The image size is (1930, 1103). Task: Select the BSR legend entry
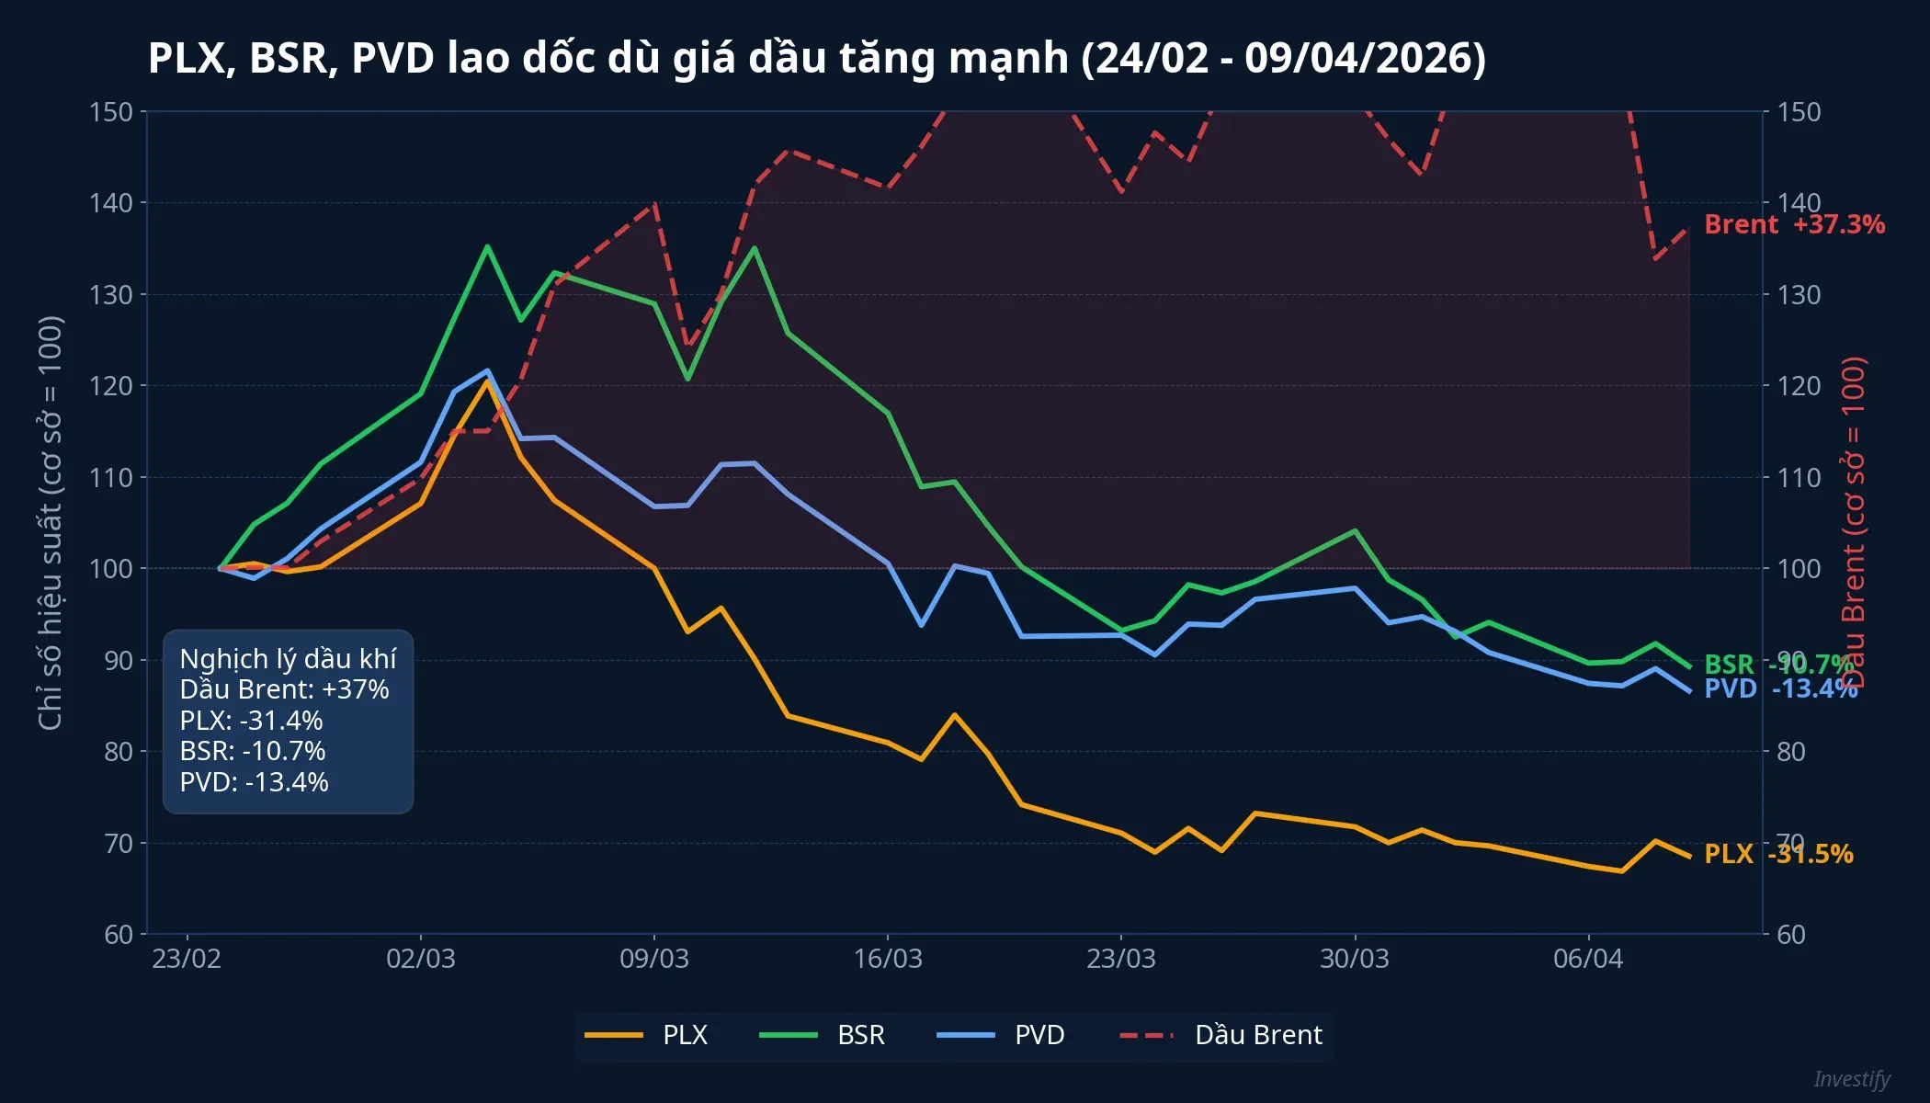(823, 1035)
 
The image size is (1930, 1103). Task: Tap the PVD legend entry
(1001, 1035)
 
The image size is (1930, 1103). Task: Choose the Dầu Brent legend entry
(1221, 1035)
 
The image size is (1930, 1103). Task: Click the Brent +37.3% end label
(1793, 224)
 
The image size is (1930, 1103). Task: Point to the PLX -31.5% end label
(1777, 854)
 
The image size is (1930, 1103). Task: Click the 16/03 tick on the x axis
(887, 959)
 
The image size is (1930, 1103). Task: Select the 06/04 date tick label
(1587, 959)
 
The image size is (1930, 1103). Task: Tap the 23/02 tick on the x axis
(187, 959)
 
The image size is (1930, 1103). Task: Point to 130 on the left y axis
(111, 295)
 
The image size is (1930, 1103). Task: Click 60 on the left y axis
(119, 935)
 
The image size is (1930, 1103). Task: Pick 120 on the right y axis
(1799, 386)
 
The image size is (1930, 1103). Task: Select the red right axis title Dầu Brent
(1854, 522)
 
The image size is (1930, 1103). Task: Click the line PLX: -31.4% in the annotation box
(251, 721)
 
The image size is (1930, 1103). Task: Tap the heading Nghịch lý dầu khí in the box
(288, 659)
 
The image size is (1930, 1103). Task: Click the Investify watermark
(1851, 1079)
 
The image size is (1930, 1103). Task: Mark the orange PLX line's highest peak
(486, 381)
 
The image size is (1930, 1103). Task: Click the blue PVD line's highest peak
(487, 370)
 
